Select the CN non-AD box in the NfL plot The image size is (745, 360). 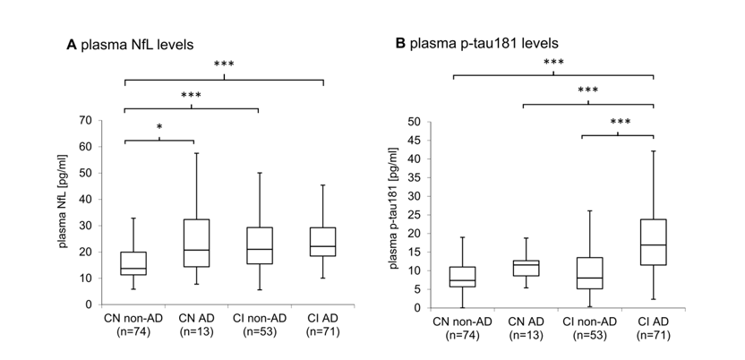pos(133,263)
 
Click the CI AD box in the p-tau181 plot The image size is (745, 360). pos(654,243)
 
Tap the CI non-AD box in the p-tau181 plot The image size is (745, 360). pos(589,273)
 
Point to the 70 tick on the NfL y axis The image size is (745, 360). pos(94,120)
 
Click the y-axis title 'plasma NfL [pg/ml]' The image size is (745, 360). pos(68,212)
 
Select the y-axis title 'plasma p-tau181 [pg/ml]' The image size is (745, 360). pos(394,214)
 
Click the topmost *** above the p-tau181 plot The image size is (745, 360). pos(553,63)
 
